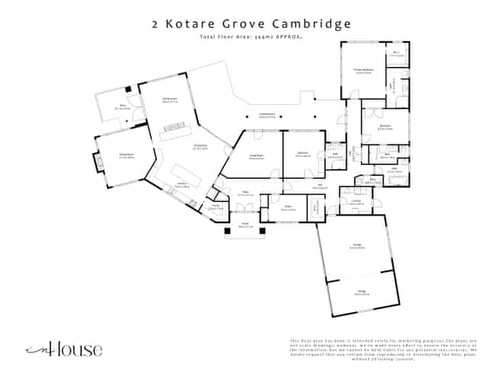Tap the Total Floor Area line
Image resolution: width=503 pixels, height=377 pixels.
pos(251,37)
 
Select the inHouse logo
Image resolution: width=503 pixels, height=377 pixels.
pos(64,349)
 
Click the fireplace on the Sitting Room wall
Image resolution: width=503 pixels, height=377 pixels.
pos(98,161)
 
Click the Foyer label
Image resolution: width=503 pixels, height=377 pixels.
pos(245,194)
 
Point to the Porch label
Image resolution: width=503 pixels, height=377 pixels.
pos(245,226)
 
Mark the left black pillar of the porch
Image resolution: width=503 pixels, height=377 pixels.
pos(226,230)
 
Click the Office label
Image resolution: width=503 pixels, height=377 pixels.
pos(290,206)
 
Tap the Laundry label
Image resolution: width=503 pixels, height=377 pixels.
pos(356,203)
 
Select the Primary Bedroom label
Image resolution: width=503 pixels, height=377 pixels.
pos(362,72)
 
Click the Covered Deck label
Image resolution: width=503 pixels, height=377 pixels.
pos(267,115)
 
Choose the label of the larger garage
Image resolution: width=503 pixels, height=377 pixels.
pos(356,246)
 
